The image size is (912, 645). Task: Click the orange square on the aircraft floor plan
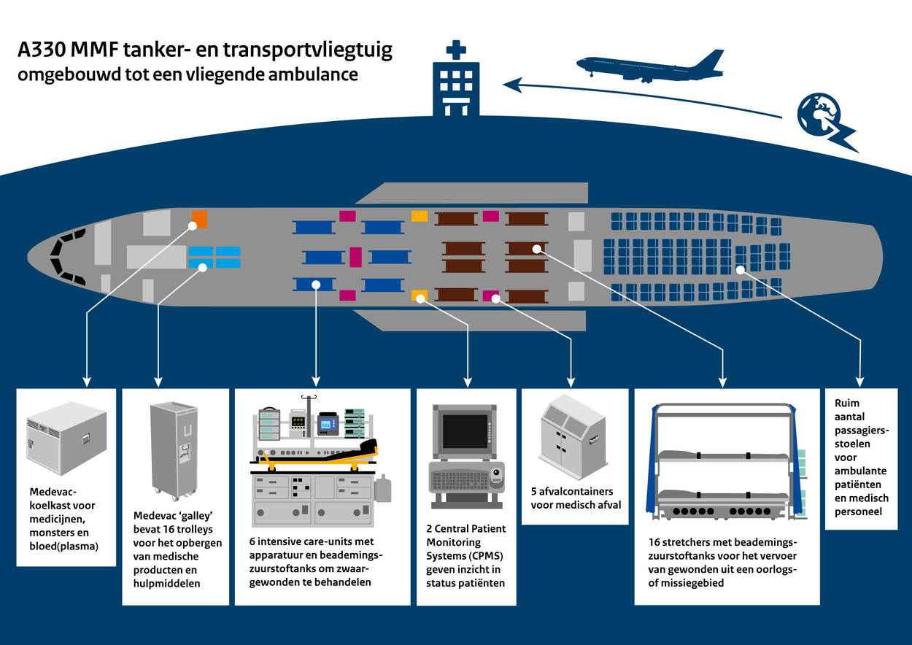(199, 218)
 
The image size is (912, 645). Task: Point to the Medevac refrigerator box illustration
(66, 437)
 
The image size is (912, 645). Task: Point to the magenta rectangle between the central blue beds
(355, 257)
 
